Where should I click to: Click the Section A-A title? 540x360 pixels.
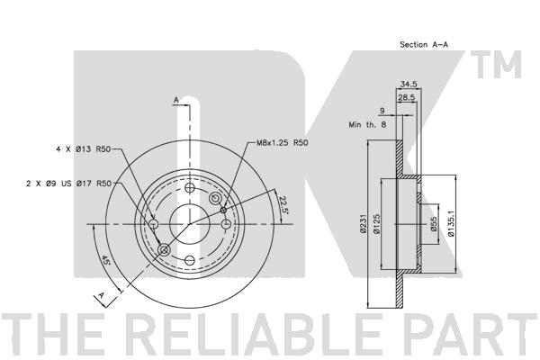[x=424, y=44]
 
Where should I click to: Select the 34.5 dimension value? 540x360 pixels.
[x=408, y=84]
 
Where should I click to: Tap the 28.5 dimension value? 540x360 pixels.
[x=407, y=97]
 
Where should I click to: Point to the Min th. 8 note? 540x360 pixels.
[x=367, y=125]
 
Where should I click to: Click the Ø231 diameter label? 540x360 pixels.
[x=363, y=224]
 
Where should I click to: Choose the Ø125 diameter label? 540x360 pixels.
[x=376, y=224]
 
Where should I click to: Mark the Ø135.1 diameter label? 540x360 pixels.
[x=451, y=224]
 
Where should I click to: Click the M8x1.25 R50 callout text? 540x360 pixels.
[x=283, y=142]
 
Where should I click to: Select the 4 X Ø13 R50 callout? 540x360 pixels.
[x=83, y=149]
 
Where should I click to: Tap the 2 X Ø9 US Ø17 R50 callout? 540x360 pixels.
[x=69, y=184]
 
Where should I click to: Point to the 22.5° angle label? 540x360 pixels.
[x=283, y=205]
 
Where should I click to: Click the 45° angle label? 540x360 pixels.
[x=105, y=260]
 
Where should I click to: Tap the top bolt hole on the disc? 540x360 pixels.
[x=190, y=188]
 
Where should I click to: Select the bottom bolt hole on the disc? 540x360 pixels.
[x=190, y=260]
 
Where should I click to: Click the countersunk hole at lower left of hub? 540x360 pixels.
[x=164, y=250]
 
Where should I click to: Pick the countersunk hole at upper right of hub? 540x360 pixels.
[x=216, y=198]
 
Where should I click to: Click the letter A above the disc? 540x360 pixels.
[x=176, y=100]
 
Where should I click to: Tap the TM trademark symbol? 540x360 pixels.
[x=496, y=65]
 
